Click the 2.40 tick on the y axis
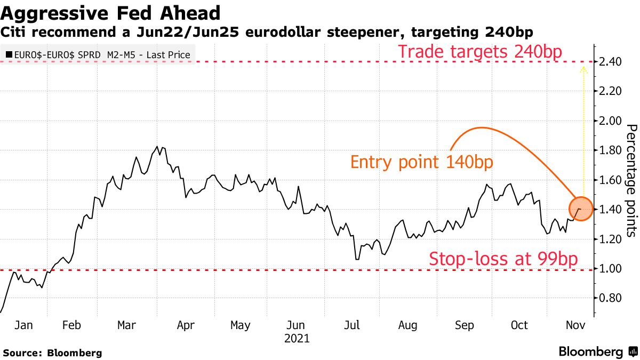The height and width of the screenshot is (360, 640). click(x=610, y=62)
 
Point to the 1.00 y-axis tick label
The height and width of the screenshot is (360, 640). click(x=610, y=268)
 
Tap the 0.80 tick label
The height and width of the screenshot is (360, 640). click(x=610, y=298)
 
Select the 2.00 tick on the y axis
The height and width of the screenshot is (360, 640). click(x=610, y=121)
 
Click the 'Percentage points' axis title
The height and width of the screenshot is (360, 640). click(x=631, y=180)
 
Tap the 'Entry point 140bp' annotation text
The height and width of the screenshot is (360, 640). click(x=421, y=162)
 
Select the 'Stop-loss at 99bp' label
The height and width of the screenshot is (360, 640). click(x=503, y=259)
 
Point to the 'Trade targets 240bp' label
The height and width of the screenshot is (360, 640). click(x=484, y=52)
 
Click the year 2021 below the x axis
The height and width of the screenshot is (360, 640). click(x=297, y=338)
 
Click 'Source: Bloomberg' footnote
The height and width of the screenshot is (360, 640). click(x=52, y=353)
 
